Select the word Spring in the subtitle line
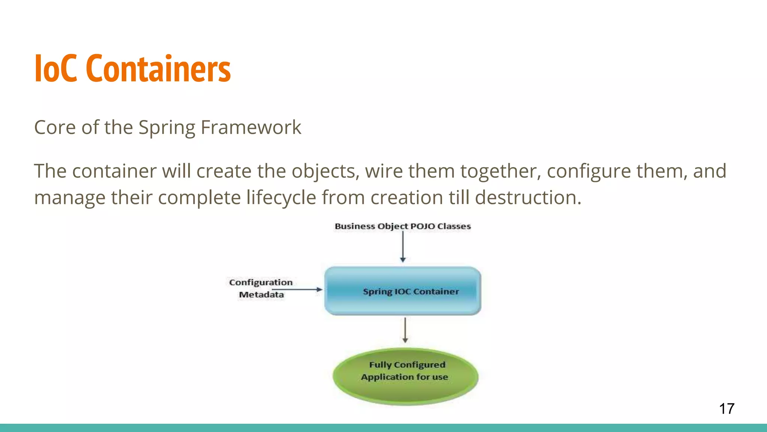[x=167, y=127]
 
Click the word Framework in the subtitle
[x=251, y=127]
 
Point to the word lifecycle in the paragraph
[x=281, y=197]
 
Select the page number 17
[x=727, y=409]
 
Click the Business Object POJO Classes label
[x=403, y=226]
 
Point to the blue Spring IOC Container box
[x=403, y=291]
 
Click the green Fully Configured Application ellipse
[x=405, y=376]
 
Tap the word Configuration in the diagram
[x=261, y=282]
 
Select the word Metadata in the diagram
[x=261, y=295]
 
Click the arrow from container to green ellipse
[x=405, y=330]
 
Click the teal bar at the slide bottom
[x=383, y=428]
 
